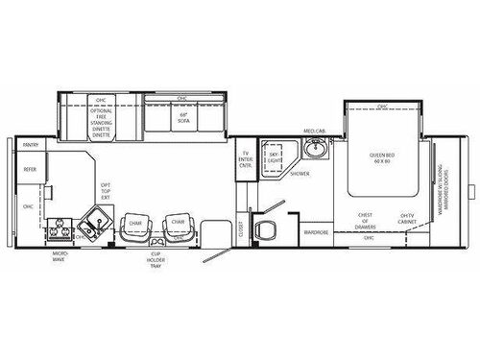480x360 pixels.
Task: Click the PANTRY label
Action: point(31,146)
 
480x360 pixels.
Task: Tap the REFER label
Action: point(30,169)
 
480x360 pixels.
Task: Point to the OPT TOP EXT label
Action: point(107,191)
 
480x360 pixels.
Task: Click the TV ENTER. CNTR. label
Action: point(246,159)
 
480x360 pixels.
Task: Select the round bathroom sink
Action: point(314,150)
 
